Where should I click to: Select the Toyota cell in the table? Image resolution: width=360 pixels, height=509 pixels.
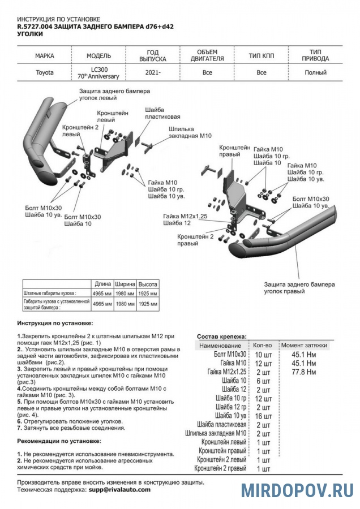[45, 72]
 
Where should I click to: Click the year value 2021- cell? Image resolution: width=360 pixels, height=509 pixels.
[152, 72]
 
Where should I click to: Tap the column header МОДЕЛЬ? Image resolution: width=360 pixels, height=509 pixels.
[98, 56]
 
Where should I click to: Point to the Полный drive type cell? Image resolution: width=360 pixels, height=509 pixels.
[315, 72]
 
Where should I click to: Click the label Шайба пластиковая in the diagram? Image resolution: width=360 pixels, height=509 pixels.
[162, 113]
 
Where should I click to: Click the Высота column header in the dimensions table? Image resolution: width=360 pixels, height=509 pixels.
[148, 284]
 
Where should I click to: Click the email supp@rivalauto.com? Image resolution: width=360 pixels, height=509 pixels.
[119, 490]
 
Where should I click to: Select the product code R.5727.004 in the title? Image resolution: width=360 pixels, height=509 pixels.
[36, 27]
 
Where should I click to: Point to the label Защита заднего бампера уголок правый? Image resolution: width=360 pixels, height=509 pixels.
[299, 287]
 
